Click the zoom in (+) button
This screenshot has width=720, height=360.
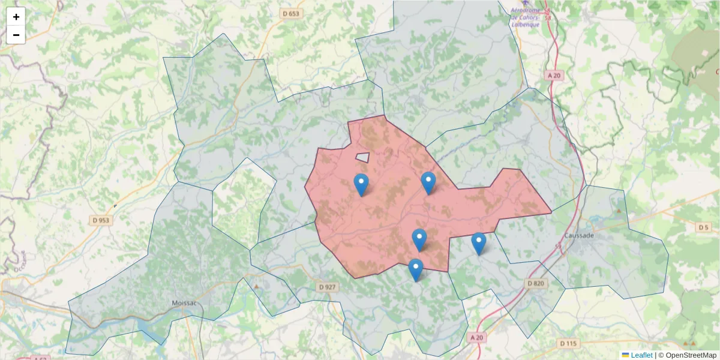point(16,17)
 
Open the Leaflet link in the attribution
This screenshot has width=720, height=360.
point(641,355)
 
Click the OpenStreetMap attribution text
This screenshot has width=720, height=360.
point(691,355)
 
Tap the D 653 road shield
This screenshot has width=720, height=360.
point(290,13)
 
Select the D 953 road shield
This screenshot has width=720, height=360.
point(101,220)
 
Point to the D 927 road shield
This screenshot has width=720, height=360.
point(327,287)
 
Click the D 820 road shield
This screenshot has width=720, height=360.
point(536,283)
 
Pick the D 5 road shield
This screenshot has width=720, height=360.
point(703,227)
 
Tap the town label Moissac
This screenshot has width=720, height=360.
point(184,303)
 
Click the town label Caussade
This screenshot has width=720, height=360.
point(580,236)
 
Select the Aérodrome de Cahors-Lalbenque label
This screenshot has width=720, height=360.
point(524,17)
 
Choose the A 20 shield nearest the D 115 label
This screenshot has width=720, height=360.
point(476,338)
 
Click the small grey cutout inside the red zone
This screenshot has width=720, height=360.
point(362,157)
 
